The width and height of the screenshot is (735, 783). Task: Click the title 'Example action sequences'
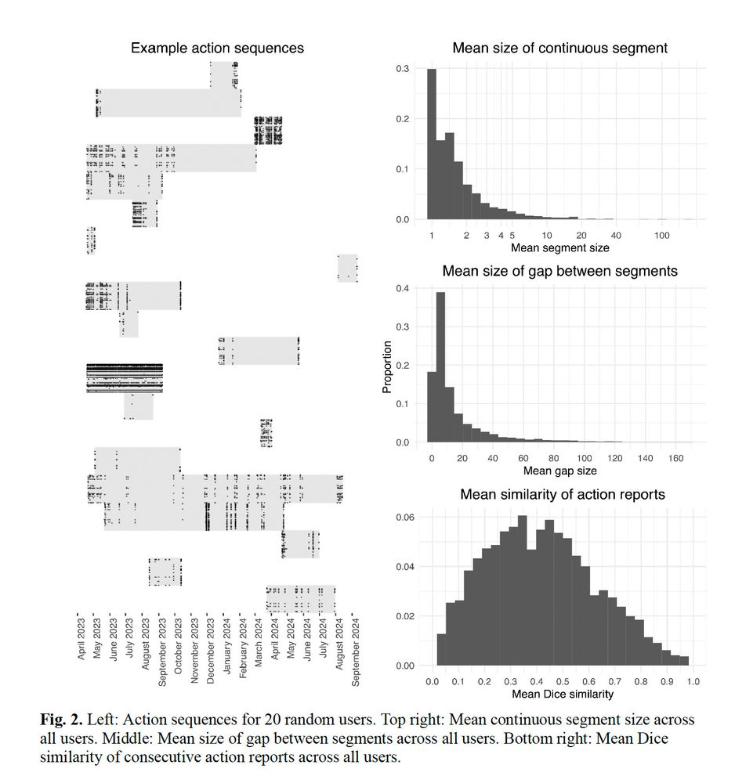[217, 49]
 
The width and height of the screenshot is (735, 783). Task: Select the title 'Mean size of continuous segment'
[559, 49]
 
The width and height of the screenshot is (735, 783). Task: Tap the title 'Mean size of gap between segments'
[559, 272]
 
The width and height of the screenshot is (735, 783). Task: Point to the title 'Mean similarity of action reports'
[562, 495]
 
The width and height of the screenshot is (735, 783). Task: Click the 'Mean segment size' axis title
[559, 248]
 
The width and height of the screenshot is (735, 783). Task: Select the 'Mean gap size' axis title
[559, 471]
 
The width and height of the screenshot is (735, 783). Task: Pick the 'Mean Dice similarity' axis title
[562, 694]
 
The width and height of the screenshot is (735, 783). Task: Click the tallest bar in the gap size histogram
[440, 367]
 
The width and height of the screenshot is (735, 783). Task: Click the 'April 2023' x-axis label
[82, 637]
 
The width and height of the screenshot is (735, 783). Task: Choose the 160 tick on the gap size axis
[676, 458]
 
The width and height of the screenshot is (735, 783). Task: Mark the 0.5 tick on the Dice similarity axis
[563, 681]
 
